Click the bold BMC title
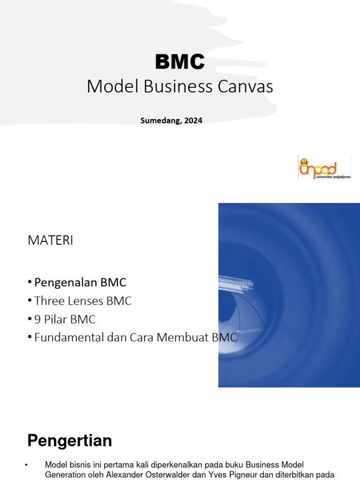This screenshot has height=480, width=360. pyautogui.click(x=180, y=61)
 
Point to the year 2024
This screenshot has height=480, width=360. pyautogui.click(x=193, y=120)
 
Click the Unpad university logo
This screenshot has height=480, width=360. pyautogui.click(x=324, y=168)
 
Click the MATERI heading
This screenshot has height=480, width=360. pyautogui.click(x=51, y=240)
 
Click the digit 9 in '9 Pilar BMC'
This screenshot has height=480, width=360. pyautogui.click(x=37, y=320)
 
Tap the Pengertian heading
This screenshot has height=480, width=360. pyautogui.click(x=69, y=441)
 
